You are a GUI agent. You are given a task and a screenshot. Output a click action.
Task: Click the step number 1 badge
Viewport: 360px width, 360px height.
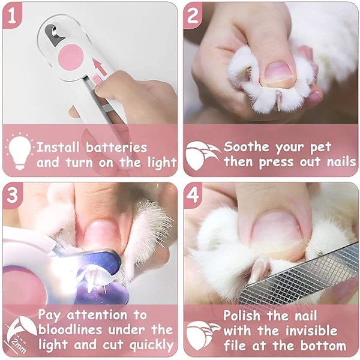coord(12,15)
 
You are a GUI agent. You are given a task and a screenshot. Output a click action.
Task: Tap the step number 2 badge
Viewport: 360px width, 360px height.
coord(193,15)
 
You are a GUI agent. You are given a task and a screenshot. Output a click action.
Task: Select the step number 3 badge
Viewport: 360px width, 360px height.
coord(12,196)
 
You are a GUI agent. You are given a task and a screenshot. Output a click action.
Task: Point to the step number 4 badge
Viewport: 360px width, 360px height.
coord(193,196)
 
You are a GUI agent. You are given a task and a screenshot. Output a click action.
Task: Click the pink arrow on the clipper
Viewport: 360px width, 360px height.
coord(100,67)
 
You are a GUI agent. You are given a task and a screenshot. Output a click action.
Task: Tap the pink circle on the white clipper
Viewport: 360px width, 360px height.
coord(71,57)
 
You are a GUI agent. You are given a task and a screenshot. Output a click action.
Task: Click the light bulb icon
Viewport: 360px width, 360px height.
coord(20,151)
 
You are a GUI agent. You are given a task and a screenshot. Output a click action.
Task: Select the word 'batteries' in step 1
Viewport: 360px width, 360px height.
coord(116,148)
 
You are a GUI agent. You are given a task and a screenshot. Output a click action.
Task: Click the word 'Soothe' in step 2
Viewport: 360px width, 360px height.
coord(246,146)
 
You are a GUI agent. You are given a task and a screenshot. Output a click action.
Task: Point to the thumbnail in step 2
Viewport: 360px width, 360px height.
coord(280,74)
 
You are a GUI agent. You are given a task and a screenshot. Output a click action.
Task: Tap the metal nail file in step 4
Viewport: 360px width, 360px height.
coord(298,278)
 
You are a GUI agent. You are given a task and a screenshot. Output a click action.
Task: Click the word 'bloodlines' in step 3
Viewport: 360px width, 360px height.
coord(70,329)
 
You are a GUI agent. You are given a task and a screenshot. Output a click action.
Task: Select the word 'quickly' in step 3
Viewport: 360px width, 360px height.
coord(151,346)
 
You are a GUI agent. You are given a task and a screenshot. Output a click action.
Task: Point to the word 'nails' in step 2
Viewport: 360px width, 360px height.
coord(341,161)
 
